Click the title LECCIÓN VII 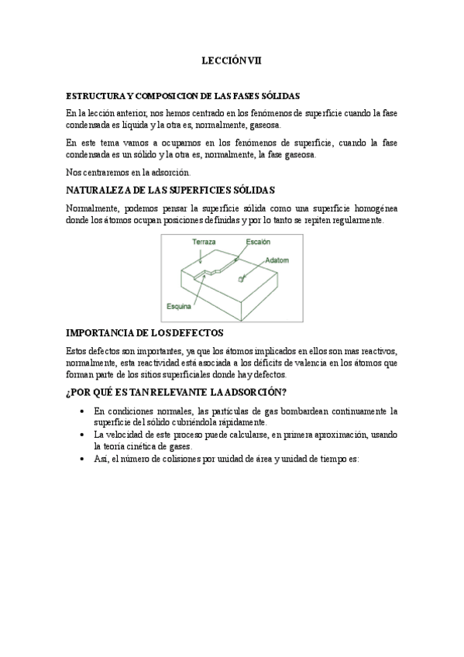coord(232,59)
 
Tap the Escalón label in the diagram coord(258,242)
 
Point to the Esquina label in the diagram coord(180,306)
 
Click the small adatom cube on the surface coord(242,275)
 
